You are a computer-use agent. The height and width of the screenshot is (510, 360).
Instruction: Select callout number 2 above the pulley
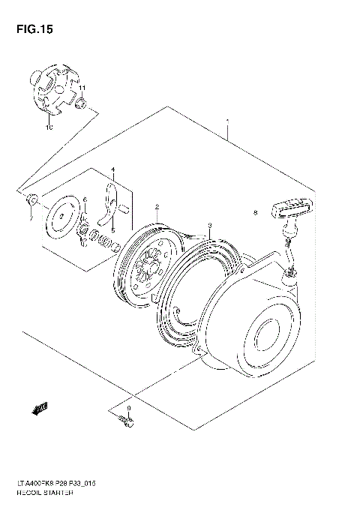coord(157,207)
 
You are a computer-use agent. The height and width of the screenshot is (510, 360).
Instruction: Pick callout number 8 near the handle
coord(256,212)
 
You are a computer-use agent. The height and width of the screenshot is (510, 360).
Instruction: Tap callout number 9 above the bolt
coord(128,409)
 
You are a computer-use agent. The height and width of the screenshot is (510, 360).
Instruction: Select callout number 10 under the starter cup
coord(49,128)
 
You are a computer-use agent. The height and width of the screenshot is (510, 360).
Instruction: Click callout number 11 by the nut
coord(83,88)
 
